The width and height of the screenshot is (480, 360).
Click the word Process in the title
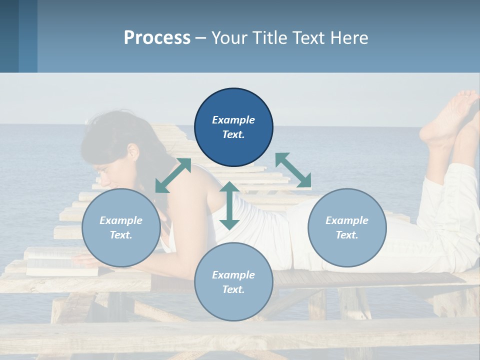pyautogui.click(x=157, y=38)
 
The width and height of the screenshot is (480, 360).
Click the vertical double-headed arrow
pyautogui.click(x=229, y=205)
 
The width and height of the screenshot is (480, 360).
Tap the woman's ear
pyautogui.click(x=133, y=151)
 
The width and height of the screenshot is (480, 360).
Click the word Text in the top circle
pyautogui.click(x=233, y=135)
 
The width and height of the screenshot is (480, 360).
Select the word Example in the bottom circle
pyautogui.click(x=233, y=274)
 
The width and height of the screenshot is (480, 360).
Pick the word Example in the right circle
pyautogui.click(x=347, y=220)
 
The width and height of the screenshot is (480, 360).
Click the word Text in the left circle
pyautogui.click(x=121, y=235)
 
